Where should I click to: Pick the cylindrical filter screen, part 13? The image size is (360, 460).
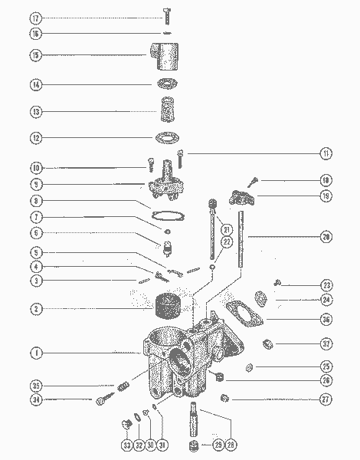[x=166, y=110]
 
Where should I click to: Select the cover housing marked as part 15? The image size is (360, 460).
[x=164, y=56]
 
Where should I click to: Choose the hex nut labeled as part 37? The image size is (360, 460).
[x=270, y=343]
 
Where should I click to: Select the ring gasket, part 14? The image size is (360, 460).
[x=166, y=84]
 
